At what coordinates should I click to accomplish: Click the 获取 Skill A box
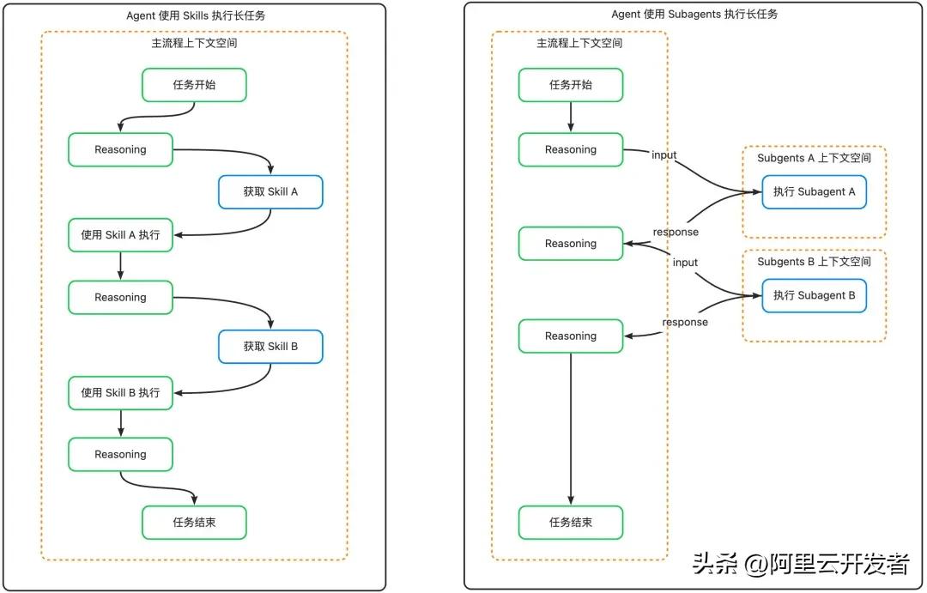[x=270, y=192]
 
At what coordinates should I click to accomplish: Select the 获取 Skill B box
[x=270, y=347]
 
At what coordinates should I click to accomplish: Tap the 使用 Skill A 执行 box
[x=121, y=235]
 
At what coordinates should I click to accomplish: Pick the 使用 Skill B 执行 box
[x=121, y=393]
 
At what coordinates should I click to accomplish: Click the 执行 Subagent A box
[x=814, y=192]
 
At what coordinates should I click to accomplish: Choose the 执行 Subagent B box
[x=814, y=295]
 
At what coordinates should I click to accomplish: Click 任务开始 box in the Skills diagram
[x=194, y=85]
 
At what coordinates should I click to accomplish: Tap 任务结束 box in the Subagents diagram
[x=571, y=523]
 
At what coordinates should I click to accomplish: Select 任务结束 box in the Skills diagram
[x=194, y=523]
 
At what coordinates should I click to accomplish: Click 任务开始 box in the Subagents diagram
[x=571, y=85]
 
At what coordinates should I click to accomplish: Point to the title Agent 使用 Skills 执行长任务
[x=196, y=16]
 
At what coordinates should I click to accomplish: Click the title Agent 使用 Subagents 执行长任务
[x=694, y=15]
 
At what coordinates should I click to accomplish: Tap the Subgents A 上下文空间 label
[x=814, y=159]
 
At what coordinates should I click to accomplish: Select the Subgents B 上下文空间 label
[x=814, y=262]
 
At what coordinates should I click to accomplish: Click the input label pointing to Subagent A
[x=663, y=155]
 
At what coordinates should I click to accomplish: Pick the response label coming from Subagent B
[x=685, y=322]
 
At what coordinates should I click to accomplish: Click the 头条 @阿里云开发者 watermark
[x=801, y=564]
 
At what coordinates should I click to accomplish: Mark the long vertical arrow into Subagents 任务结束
[x=571, y=429]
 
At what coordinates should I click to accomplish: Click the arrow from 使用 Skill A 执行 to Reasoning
[x=121, y=266]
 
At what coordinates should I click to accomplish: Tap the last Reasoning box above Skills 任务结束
[x=121, y=455]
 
